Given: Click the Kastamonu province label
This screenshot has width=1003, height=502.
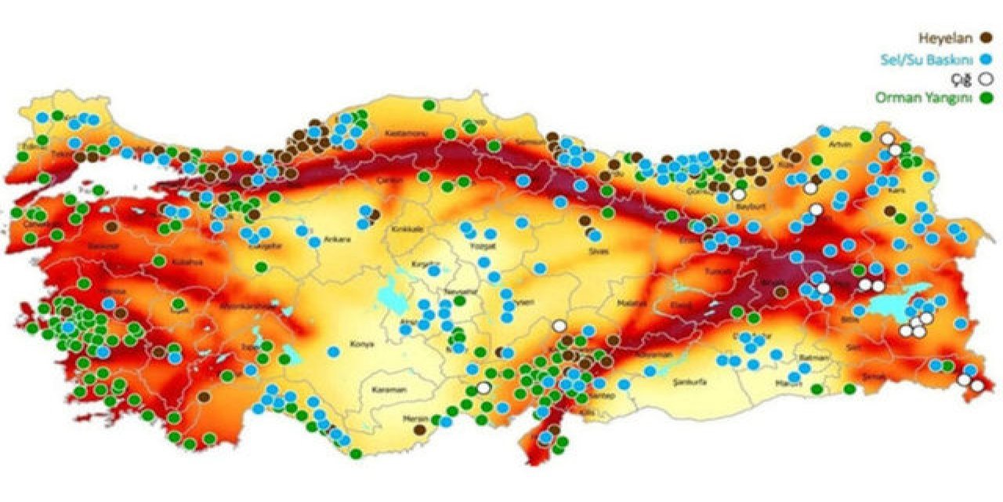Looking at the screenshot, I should (x=406, y=135).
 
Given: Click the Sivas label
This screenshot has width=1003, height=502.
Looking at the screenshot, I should (x=599, y=252).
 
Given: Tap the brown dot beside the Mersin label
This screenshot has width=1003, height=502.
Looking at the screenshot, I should (x=420, y=430).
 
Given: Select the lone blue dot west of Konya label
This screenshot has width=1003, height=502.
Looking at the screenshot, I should (x=334, y=351).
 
